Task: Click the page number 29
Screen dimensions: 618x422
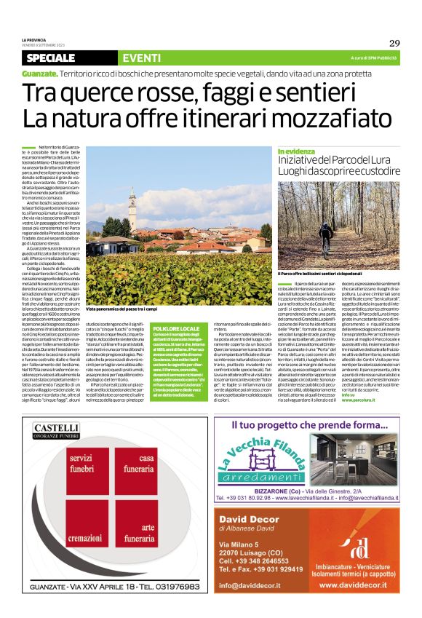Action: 394,42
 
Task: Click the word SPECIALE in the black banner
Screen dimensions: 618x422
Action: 55,58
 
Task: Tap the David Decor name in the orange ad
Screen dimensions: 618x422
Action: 249,498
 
